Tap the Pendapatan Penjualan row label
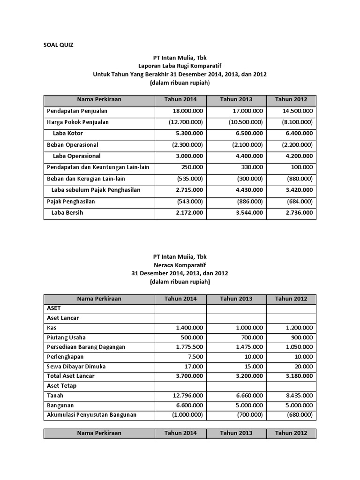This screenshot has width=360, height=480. click(77, 111)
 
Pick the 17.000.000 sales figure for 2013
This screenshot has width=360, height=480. click(246, 111)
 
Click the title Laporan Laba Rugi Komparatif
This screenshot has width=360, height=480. click(180, 66)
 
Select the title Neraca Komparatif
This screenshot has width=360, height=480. click(180, 265)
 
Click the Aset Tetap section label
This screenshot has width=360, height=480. click(61, 386)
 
